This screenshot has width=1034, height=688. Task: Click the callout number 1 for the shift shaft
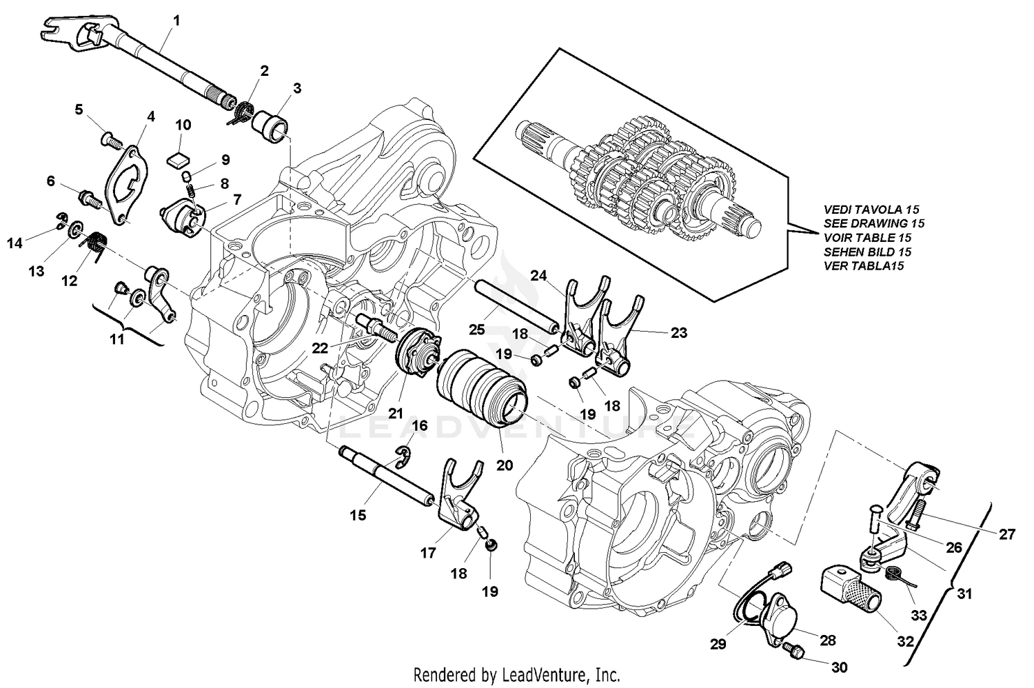coord(176,21)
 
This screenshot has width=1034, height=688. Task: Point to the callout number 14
coord(15,243)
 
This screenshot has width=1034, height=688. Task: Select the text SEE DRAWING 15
coord(873,223)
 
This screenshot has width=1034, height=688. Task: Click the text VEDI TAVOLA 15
coord(871,209)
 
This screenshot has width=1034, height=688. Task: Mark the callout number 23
coord(679,332)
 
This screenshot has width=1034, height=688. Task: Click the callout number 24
coord(539,276)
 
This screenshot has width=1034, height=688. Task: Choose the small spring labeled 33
coord(896,572)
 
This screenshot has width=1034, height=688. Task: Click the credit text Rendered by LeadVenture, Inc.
coord(516,674)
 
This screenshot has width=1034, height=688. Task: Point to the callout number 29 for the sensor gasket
coord(719,645)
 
